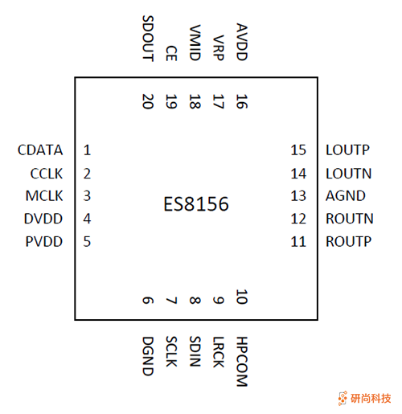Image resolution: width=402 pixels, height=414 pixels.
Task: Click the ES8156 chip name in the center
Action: pos(196,205)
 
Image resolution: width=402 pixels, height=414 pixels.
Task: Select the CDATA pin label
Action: pos(39,150)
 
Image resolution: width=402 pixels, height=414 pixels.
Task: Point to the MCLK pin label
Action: pos(43,195)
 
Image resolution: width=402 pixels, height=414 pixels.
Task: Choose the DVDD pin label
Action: pos(43,218)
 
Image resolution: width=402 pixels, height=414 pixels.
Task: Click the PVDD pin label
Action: pos(44,240)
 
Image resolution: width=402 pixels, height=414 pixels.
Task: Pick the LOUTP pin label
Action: pos(347,150)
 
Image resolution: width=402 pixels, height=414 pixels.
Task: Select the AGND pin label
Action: pos(345,195)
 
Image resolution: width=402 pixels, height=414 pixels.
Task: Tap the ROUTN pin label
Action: pos(349,218)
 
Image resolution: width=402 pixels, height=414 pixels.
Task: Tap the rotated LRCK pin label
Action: pos(219,353)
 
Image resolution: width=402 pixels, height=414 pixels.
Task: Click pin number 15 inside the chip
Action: pos(299,150)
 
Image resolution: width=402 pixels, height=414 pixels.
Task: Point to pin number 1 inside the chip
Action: pos(87,150)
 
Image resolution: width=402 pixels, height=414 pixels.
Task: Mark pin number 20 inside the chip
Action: pos(147,101)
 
